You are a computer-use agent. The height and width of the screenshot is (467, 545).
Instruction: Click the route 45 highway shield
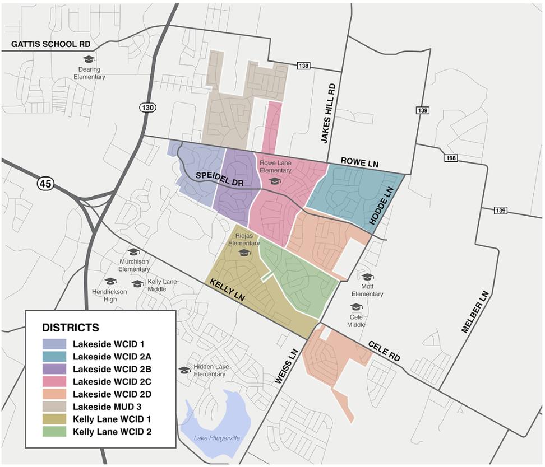(x=45, y=183)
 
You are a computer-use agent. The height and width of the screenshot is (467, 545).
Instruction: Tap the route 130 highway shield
(x=147, y=108)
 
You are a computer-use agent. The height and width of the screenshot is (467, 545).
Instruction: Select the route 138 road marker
(x=303, y=66)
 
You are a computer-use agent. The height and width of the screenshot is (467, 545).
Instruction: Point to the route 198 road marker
(x=451, y=158)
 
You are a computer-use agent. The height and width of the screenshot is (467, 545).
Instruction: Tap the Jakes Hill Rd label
(x=331, y=114)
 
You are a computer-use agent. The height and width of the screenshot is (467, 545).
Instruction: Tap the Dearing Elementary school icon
(x=89, y=59)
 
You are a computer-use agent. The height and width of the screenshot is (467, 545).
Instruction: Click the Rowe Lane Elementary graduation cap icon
(x=275, y=181)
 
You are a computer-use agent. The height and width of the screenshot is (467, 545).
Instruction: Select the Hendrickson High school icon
(x=110, y=281)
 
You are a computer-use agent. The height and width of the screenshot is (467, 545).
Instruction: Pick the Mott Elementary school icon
(x=367, y=277)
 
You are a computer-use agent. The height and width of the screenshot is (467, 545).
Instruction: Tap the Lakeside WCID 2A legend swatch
(x=54, y=356)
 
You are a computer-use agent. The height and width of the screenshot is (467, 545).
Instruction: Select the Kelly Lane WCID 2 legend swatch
(x=54, y=431)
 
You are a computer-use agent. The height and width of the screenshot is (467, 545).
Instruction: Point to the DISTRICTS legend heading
(x=71, y=328)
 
